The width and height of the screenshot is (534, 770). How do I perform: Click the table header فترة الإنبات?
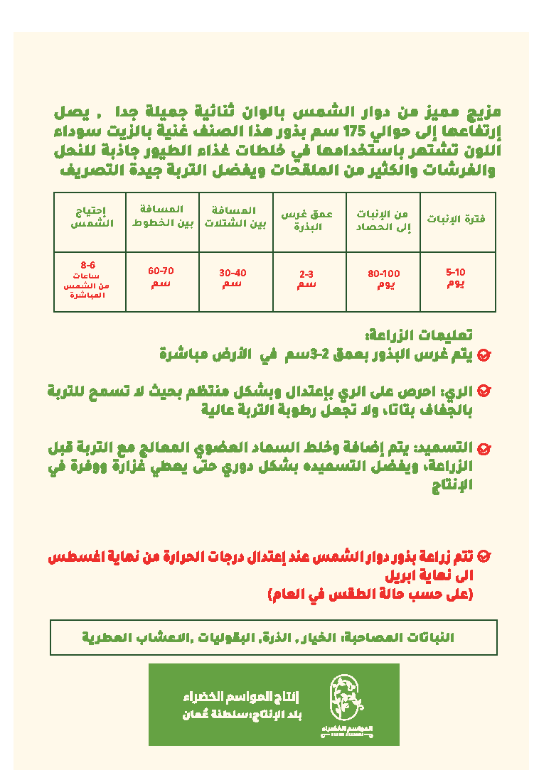456,219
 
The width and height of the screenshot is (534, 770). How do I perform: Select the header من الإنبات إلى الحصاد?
383,220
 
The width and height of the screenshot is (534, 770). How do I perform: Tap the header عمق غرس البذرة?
309,220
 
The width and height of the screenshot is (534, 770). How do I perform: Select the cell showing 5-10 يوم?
456,278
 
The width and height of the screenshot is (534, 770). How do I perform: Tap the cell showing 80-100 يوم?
383,279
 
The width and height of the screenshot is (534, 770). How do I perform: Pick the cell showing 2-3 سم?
307,278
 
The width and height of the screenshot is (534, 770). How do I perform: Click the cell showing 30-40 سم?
233,278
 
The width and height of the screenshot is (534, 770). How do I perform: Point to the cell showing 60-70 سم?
161,277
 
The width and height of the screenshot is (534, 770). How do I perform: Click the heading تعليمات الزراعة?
420,336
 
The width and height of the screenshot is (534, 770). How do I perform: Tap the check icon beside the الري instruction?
484,391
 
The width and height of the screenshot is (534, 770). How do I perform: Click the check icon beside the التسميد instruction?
484,448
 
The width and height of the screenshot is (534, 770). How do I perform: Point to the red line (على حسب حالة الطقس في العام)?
370,593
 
